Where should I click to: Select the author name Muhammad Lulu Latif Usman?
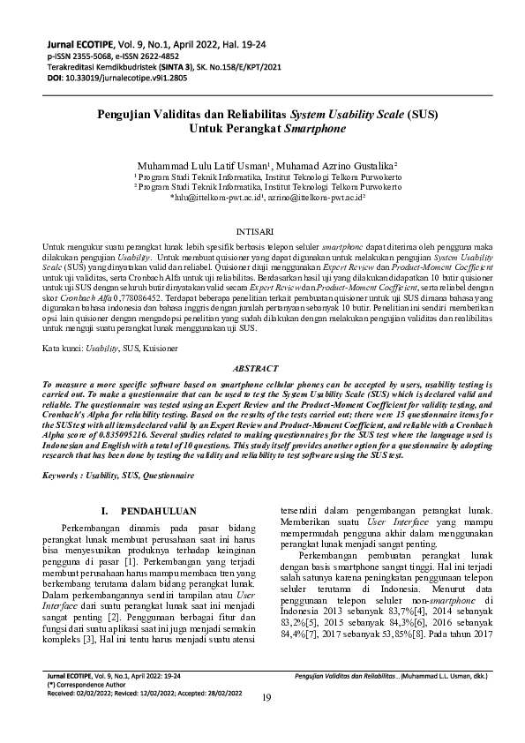(203, 165)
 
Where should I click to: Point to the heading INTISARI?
(262, 227)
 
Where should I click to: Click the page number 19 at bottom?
(267, 722)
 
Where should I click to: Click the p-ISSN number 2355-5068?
(87, 54)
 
